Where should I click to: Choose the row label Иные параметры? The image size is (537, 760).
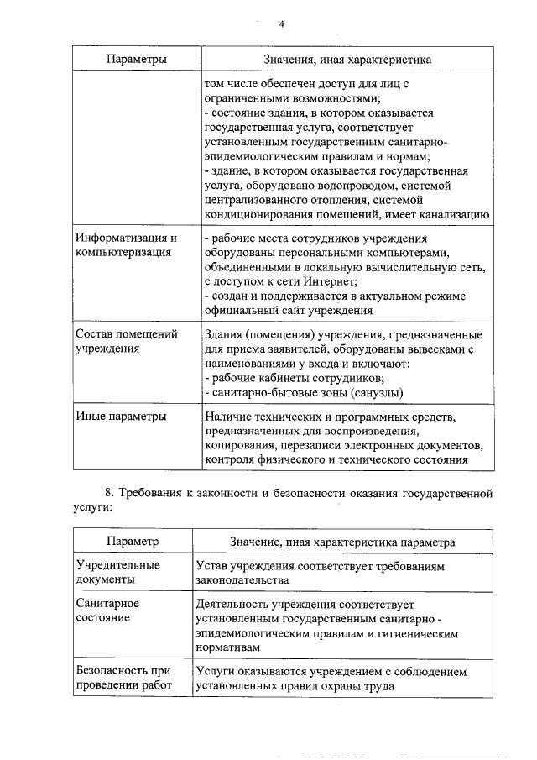tap(120, 417)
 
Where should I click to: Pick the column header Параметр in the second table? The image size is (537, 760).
tap(132, 542)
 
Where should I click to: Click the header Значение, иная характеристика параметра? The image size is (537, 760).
tap(343, 542)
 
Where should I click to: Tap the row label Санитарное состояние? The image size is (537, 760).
tap(107, 611)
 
